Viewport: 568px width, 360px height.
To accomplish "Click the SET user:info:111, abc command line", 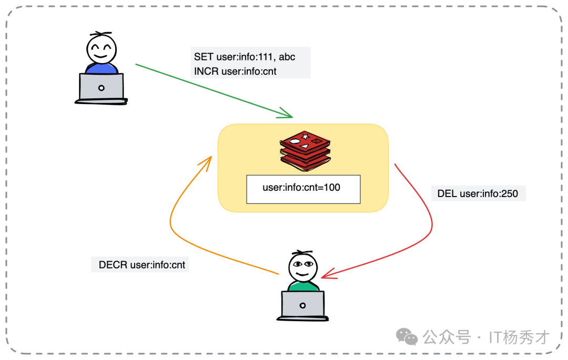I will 245,57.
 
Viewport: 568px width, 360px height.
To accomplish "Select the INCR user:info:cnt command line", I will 236,70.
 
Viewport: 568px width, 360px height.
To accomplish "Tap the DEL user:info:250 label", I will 478,193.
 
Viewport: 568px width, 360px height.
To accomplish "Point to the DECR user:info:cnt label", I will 142,265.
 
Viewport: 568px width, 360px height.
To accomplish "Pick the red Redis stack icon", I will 306,150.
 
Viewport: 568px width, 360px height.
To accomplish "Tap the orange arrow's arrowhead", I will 207,160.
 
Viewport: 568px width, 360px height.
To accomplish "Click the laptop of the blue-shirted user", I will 102,88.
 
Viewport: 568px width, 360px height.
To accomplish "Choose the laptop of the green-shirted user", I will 302,305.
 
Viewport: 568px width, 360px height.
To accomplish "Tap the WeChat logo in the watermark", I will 407,336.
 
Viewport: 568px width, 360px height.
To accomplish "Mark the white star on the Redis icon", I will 306,137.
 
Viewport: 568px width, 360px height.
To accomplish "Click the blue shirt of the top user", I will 101,69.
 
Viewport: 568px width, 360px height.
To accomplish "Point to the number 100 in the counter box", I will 332,187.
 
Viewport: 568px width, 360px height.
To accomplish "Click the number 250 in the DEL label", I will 509,193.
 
